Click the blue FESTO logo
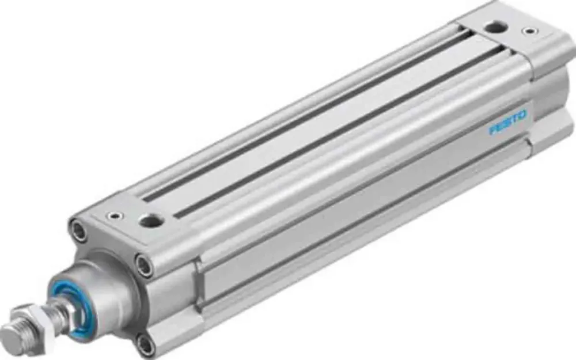point(507,123)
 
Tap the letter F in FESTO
point(493,130)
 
